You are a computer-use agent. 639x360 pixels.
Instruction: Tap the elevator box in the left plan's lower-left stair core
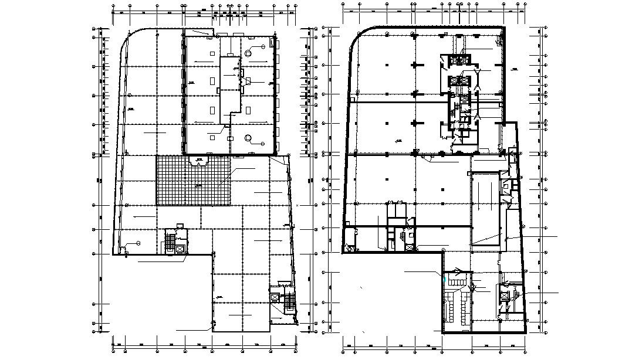[x=180, y=249]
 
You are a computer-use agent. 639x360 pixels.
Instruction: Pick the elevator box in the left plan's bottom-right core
[x=275, y=297]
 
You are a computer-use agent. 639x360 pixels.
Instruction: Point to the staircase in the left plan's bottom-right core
[x=288, y=302]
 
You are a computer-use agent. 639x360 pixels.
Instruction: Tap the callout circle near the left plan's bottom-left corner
[x=138, y=243]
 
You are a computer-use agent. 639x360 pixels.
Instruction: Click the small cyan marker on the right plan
[x=444, y=280]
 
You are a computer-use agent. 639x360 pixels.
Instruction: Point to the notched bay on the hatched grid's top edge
[x=201, y=159]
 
